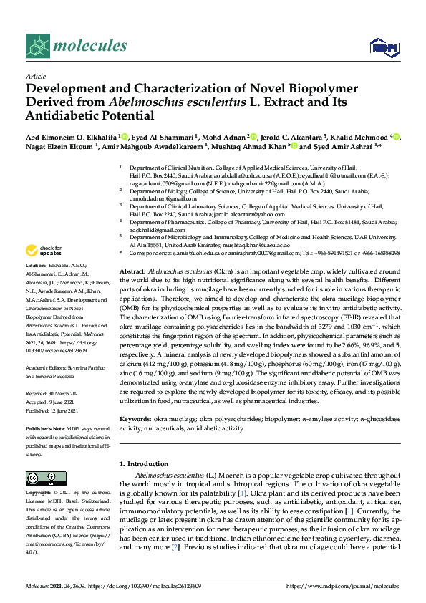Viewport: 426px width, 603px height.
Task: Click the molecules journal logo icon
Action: pyautogui.click(x=39, y=47)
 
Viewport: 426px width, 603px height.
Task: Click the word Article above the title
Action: pyautogui.click(x=35, y=75)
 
